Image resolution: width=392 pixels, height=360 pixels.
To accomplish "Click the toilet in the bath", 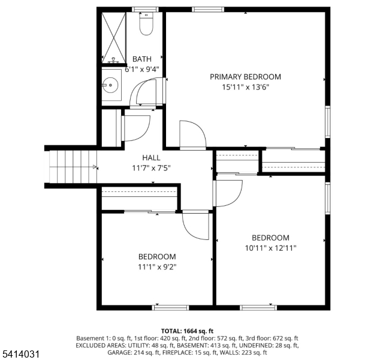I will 145,25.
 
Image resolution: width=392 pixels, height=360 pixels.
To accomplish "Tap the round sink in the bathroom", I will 110,85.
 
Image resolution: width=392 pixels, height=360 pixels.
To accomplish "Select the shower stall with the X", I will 114,37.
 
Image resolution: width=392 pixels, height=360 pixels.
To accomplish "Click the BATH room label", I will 142,59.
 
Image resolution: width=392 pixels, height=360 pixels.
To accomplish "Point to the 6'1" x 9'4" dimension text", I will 142,69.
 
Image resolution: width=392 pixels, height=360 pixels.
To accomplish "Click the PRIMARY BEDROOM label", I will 245,77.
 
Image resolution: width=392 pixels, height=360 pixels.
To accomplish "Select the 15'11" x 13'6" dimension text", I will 245,87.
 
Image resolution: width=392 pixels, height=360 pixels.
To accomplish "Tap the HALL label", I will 151,157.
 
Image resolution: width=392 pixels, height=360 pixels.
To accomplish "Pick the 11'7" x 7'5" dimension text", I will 151,168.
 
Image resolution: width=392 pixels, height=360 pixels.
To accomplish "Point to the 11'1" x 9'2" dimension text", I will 157,267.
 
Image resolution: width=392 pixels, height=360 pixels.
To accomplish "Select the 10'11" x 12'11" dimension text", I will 270,248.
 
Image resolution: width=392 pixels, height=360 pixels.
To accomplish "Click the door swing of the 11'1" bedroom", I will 195,226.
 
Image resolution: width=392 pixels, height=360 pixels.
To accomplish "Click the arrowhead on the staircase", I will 95,167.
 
